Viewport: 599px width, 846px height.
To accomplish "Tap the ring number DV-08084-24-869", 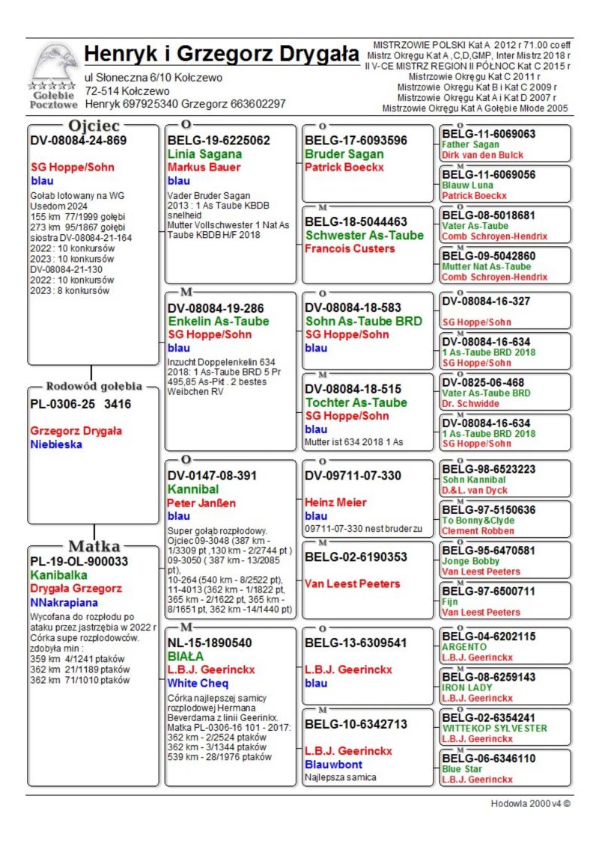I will pyautogui.click(x=78, y=140).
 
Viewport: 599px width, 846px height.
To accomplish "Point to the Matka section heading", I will pyautogui.click(x=94, y=545).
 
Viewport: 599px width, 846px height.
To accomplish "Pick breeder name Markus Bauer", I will pyautogui.click(x=204, y=167).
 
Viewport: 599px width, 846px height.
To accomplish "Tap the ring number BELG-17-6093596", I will pyautogui.click(x=356, y=140).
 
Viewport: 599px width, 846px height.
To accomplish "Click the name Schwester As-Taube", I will pyautogui.click(x=364, y=235).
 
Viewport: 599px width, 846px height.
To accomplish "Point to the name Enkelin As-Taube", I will pyautogui.click(x=218, y=321).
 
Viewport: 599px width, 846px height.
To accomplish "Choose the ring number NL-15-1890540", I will pyautogui.click(x=210, y=643).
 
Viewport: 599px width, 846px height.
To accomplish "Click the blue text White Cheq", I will pyautogui.click(x=198, y=683).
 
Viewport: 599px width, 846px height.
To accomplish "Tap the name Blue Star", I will pyautogui.click(x=462, y=768).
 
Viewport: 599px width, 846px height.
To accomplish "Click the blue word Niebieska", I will pyautogui.click(x=56, y=444).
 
